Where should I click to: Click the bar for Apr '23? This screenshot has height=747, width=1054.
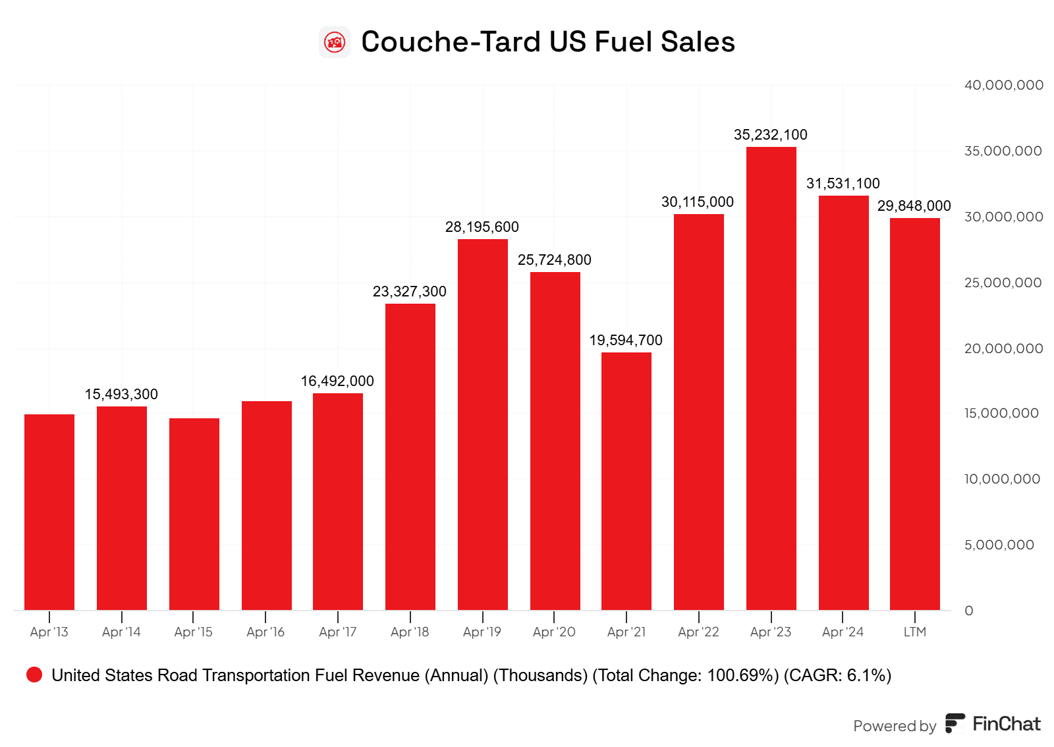[x=771, y=379]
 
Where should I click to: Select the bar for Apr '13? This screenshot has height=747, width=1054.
[x=49, y=512]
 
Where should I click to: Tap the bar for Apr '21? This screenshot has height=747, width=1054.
[x=626, y=481]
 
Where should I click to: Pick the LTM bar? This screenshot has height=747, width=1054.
[x=914, y=414]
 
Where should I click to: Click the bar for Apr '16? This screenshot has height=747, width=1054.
[x=266, y=505]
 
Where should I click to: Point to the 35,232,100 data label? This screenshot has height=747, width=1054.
[x=771, y=135]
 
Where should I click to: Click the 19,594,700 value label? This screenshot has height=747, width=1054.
[x=626, y=341]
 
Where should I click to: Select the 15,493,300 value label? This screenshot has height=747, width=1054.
[x=121, y=395]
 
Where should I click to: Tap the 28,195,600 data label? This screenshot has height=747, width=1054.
[x=482, y=227]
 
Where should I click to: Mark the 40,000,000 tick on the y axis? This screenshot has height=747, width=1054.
[x=1003, y=85]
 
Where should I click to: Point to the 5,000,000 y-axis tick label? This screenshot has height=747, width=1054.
[x=999, y=545]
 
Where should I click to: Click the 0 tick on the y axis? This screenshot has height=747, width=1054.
[x=969, y=611]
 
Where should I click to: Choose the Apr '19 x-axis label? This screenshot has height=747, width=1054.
[x=482, y=632]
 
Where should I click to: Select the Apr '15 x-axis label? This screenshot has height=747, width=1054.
[x=193, y=632]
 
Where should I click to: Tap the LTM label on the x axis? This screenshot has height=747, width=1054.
[x=914, y=632]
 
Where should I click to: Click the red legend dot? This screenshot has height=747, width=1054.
[x=34, y=675]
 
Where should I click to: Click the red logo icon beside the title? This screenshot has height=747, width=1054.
[x=335, y=42]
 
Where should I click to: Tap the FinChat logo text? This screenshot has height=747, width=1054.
[x=1006, y=724]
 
